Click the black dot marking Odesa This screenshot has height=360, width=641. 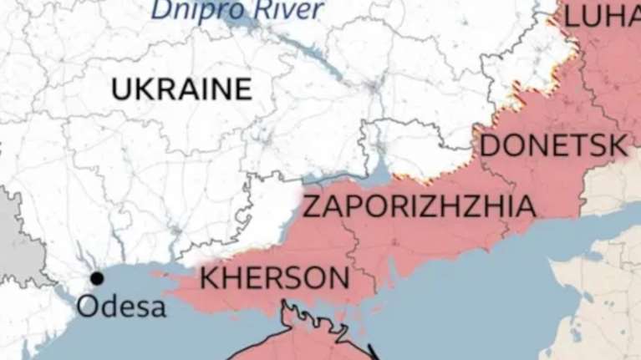[98, 278]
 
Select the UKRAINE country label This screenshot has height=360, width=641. [181, 89]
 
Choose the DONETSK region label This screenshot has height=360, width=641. [553, 146]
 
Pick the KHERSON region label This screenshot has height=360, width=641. [274, 276]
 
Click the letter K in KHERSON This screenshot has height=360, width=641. [209, 276]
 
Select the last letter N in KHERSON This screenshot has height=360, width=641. [337, 276]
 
